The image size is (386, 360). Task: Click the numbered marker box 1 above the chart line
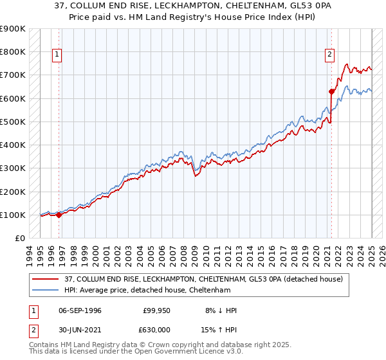point(57,55)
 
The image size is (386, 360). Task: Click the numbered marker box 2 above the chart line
point(329,55)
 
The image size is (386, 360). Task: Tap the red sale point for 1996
point(59,215)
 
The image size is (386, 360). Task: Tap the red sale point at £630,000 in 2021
point(332,91)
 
